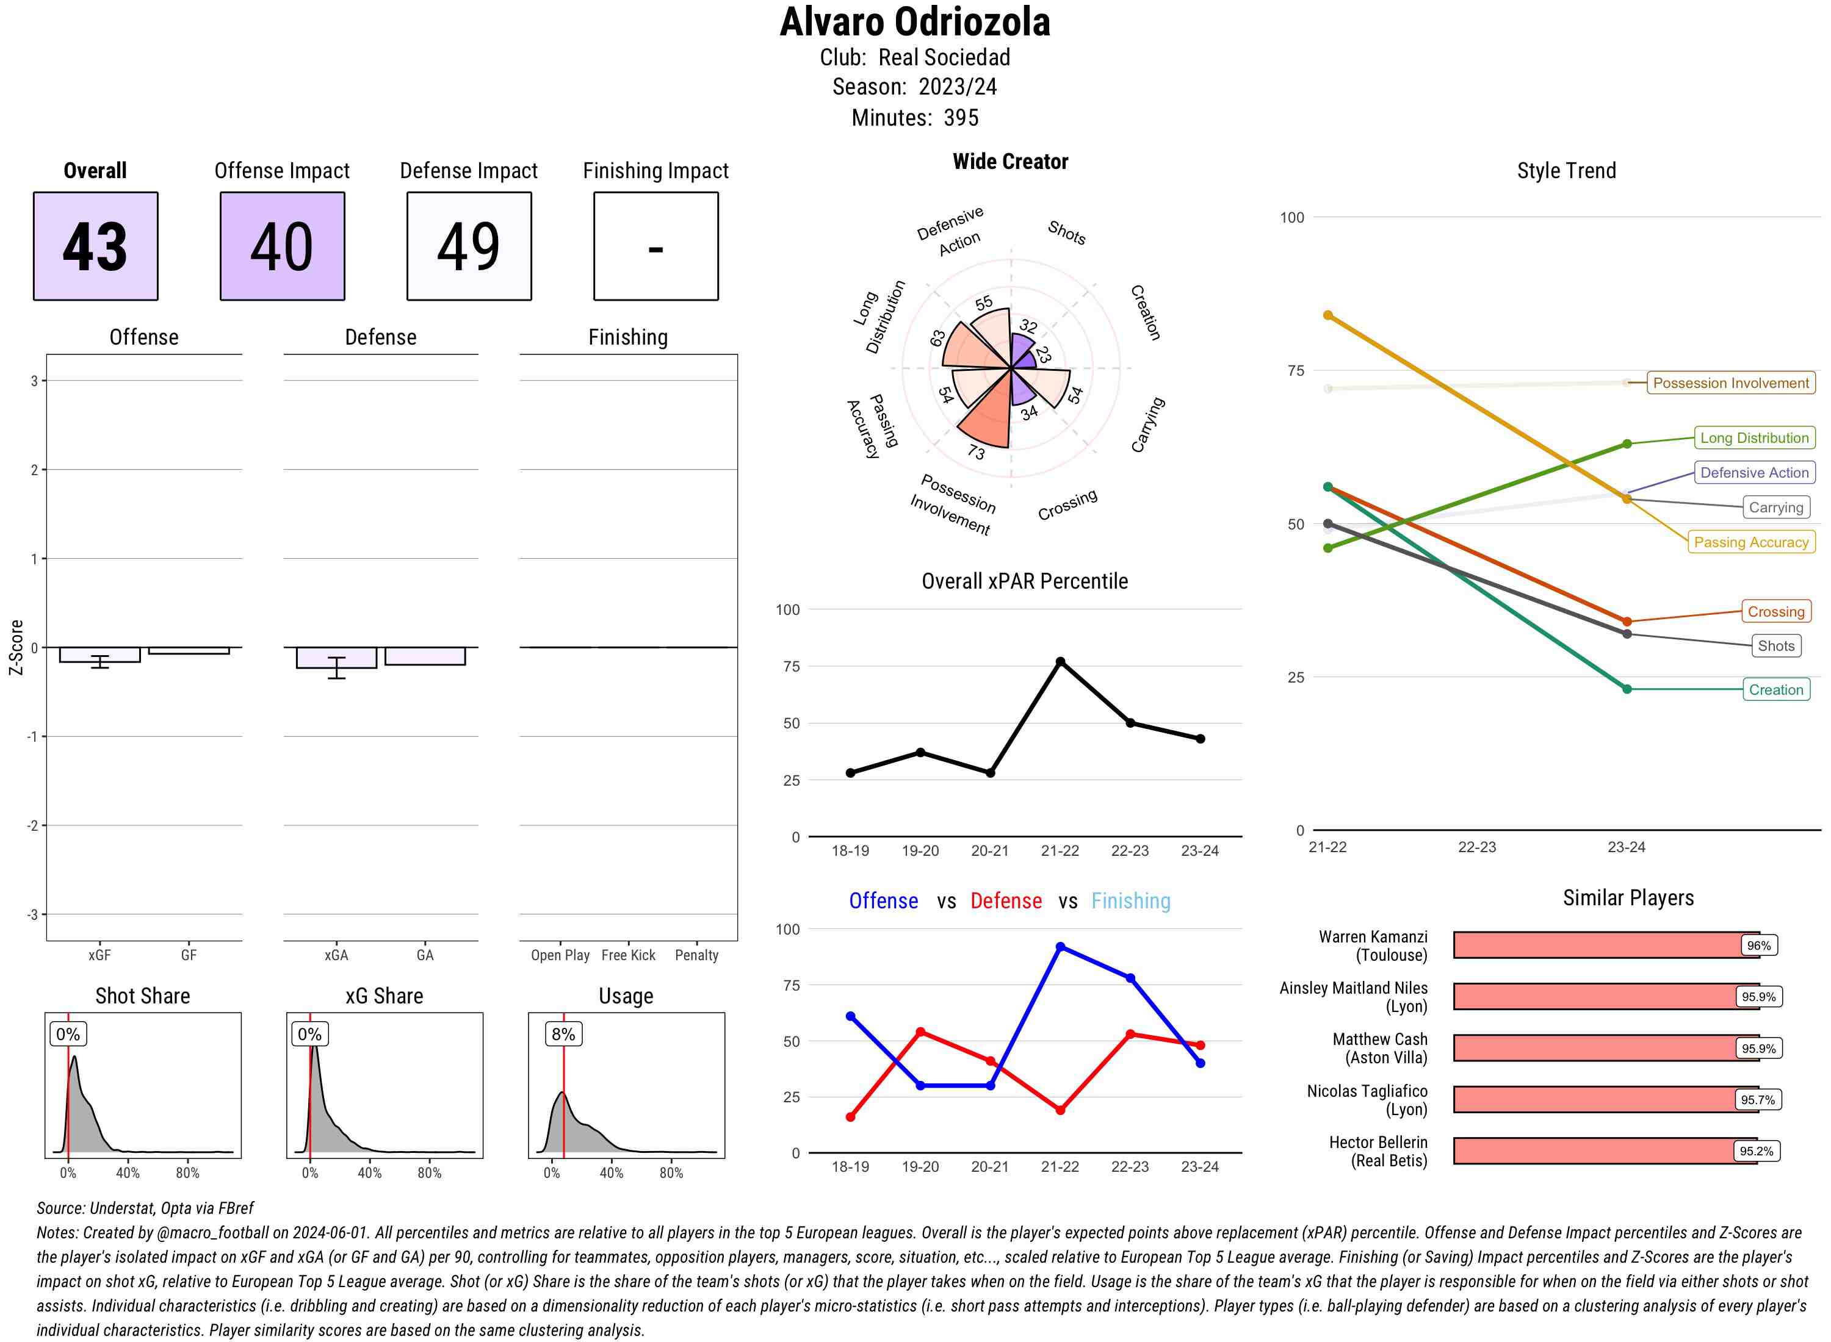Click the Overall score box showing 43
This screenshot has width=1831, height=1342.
[x=95, y=246]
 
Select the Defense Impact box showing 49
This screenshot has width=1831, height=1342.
[x=469, y=246]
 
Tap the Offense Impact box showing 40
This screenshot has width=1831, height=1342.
[x=282, y=246]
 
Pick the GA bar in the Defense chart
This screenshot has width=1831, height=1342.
[x=425, y=656]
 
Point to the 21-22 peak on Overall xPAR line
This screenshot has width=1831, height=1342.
[x=1060, y=662]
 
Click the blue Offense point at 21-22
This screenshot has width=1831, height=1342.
[x=1060, y=947]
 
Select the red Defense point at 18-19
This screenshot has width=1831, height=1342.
[x=850, y=1117]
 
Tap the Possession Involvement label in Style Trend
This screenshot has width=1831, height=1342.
[x=1730, y=382]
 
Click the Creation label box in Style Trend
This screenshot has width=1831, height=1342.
[x=1775, y=690]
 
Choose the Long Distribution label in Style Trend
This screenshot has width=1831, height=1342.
[x=1754, y=438]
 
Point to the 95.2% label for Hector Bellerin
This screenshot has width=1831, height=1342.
[x=1755, y=1151]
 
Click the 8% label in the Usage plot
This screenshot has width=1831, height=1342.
[x=563, y=1034]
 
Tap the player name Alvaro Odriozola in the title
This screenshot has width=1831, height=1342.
[x=915, y=23]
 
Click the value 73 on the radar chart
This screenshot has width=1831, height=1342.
[x=976, y=453]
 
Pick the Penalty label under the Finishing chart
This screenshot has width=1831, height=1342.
[x=696, y=955]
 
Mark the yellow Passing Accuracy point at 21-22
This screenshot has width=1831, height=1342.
[x=1328, y=315]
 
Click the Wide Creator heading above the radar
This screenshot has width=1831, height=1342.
[x=1010, y=162]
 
